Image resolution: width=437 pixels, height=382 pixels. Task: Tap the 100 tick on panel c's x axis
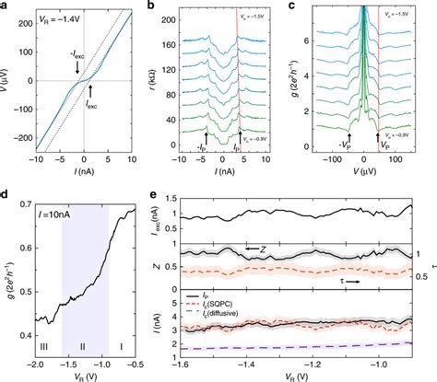[x=407, y=159]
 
